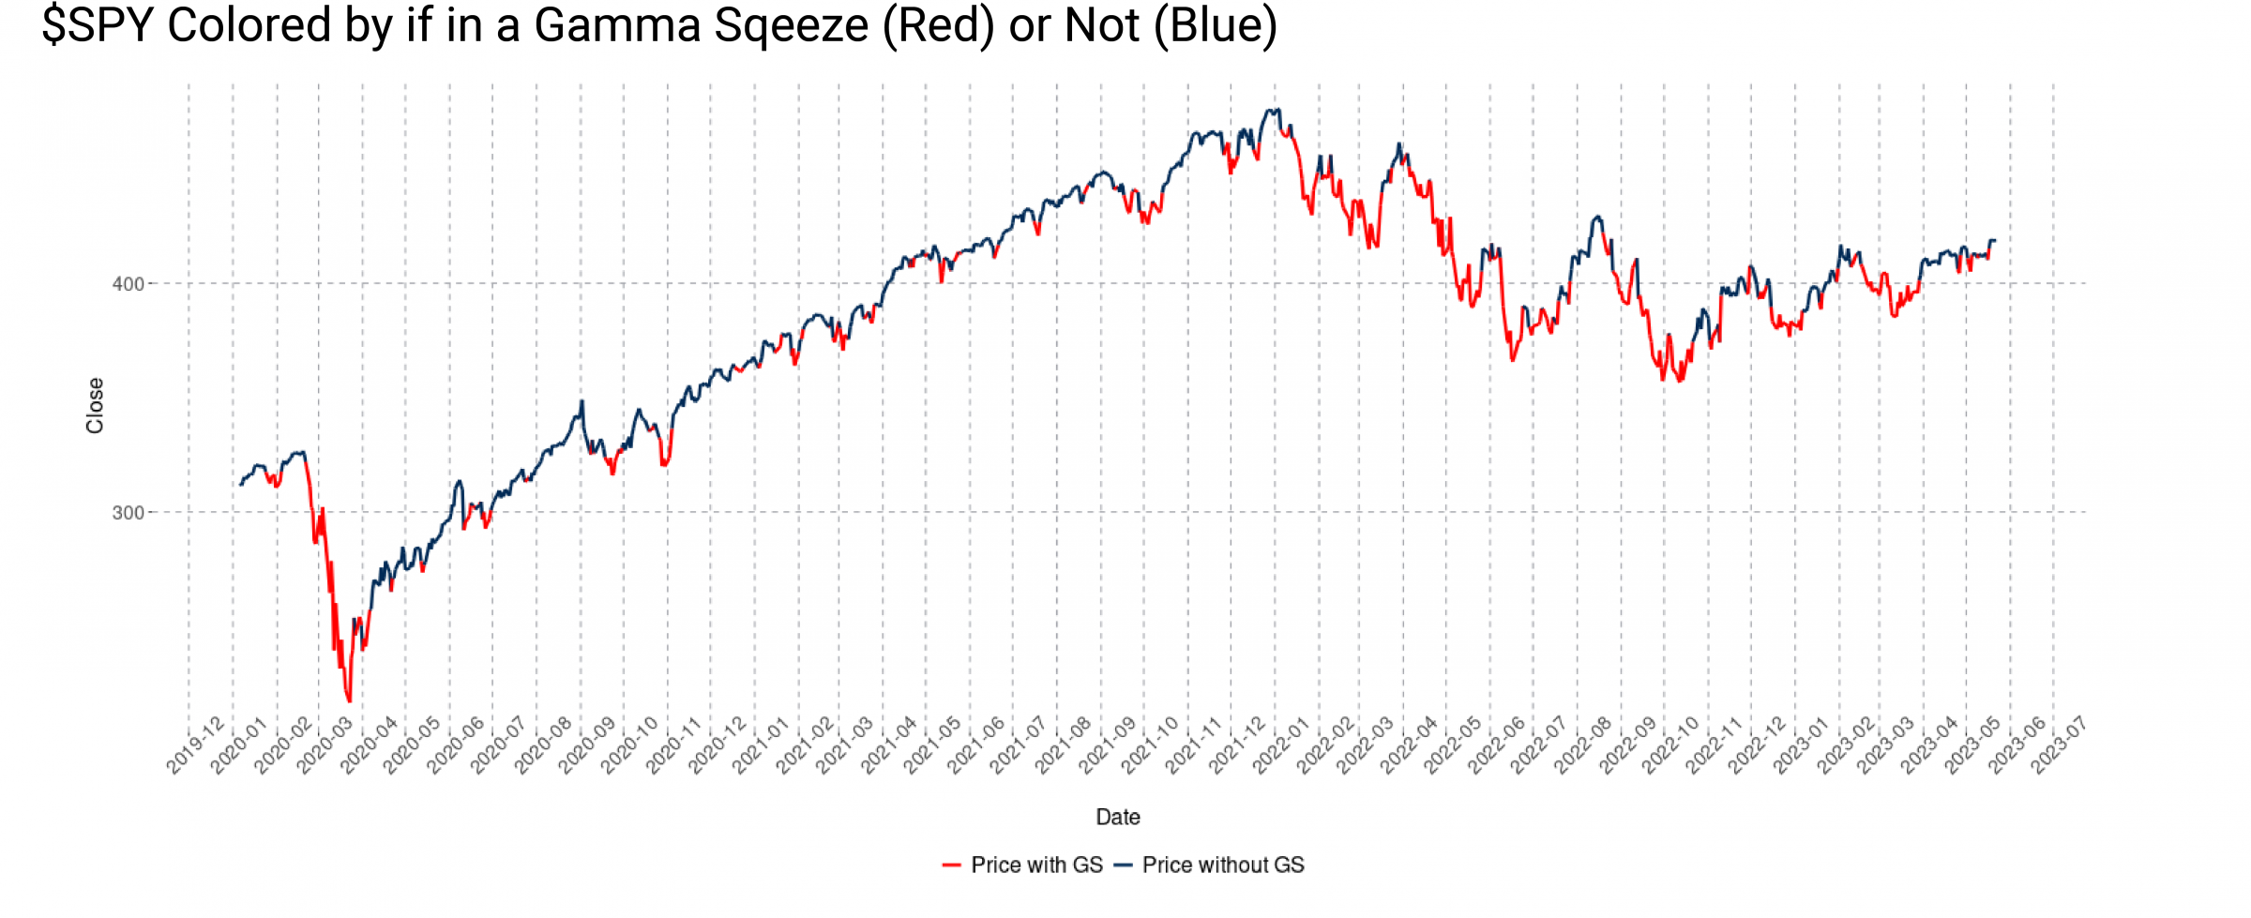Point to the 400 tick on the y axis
click(x=128, y=284)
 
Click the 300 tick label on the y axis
click(x=128, y=513)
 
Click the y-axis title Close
click(x=95, y=405)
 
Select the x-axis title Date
click(x=1118, y=817)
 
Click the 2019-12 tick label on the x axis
click(x=195, y=746)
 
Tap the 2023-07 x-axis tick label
click(x=2059, y=746)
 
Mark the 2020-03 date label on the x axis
click(x=325, y=746)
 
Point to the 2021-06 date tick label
click(x=975, y=746)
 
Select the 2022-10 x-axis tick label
click(x=1670, y=746)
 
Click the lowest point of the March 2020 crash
click(x=350, y=701)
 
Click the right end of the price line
click(x=1995, y=241)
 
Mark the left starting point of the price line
click(x=240, y=485)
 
